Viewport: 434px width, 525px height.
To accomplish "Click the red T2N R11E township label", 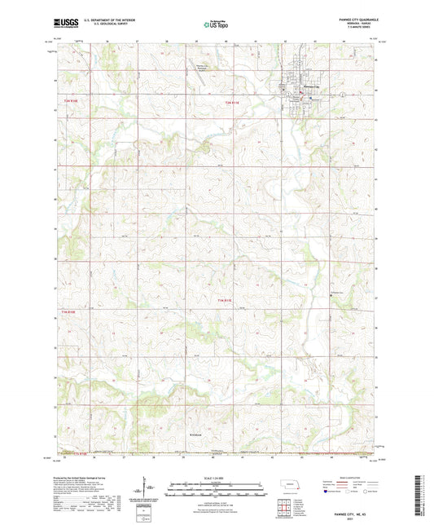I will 234,103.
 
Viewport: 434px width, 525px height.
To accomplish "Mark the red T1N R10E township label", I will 68,311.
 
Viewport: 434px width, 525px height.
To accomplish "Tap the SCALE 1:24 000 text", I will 216,479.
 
